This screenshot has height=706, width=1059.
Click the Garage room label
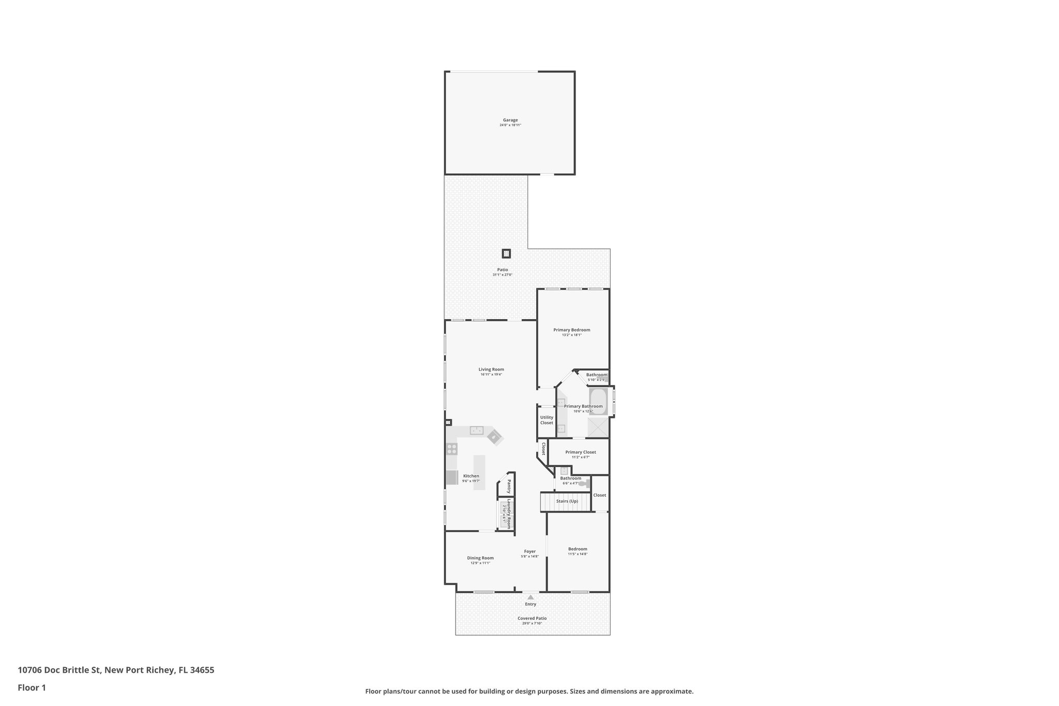510,120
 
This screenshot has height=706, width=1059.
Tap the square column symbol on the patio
506,253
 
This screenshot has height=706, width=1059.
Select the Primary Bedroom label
571,330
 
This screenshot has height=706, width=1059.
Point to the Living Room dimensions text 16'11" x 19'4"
491,374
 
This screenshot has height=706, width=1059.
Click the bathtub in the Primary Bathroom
598,401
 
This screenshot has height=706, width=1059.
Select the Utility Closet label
547,420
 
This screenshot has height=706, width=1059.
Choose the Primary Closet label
580,452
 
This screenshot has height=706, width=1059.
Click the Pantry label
509,486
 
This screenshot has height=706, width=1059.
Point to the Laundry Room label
509,513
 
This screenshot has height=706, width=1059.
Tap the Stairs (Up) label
567,501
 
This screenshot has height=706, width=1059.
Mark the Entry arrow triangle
531,597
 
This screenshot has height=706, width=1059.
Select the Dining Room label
480,558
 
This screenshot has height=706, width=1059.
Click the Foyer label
529,551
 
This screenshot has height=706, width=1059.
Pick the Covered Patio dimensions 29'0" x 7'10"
532,623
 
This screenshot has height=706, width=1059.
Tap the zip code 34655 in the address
202,670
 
